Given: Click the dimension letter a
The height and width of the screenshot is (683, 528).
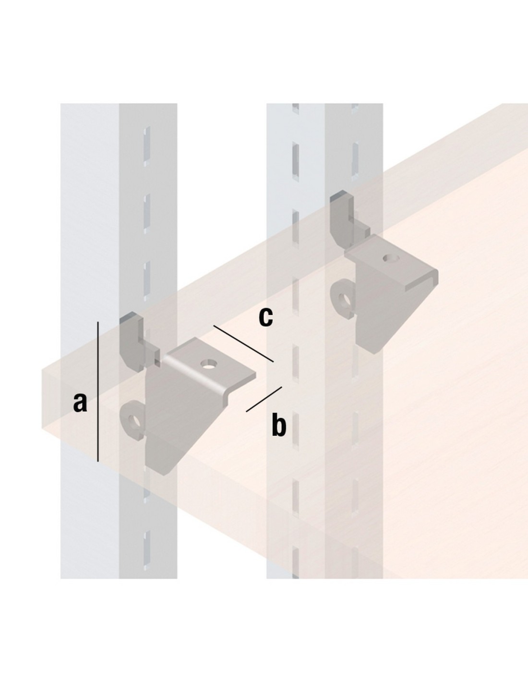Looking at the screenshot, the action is pos(80,402).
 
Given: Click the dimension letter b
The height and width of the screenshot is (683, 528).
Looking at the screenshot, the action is pos(279,425).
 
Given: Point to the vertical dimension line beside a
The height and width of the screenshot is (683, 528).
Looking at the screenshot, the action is pos(98,391).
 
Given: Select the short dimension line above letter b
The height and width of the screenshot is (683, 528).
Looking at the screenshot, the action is pos(264,399).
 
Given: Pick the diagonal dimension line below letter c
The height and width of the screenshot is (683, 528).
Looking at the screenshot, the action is pos(243,343).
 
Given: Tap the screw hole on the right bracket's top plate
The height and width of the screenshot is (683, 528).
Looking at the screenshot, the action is pos(391,258).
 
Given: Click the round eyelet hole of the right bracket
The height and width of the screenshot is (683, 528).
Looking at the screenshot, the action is pos(346,301).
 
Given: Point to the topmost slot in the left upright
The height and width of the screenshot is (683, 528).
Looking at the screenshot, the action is pos(147,146).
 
